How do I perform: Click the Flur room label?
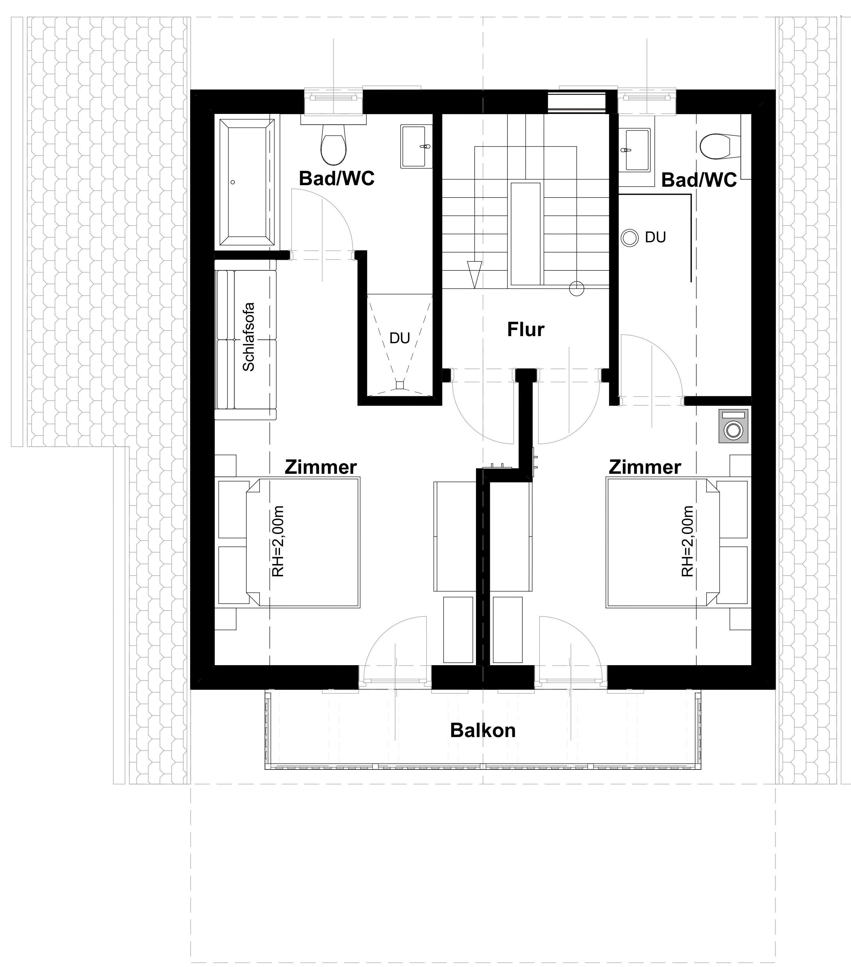click(526, 329)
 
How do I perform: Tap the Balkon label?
click(482, 730)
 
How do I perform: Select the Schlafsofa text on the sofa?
click(248, 336)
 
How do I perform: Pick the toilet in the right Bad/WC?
click(719, 147)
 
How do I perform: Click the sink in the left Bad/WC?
click(416, 146)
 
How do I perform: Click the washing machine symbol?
click(733, 426)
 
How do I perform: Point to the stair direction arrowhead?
click(474, 274)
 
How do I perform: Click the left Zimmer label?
click(320, 467)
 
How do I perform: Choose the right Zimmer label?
click(645, 467)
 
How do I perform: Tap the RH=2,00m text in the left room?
click(278, 541)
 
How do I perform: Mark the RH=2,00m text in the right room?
click(687, 541)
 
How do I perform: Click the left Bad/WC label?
click(337, 179)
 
